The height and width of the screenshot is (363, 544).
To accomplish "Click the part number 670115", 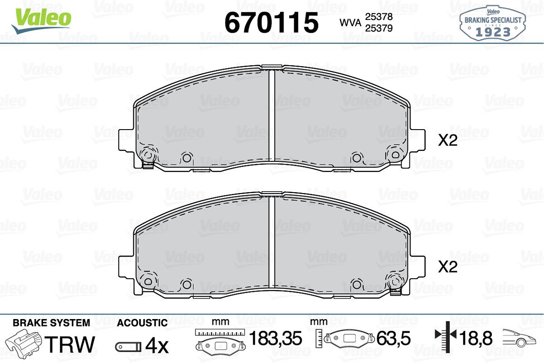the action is (271, 22).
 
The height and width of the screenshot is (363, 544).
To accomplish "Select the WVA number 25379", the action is (379, 28).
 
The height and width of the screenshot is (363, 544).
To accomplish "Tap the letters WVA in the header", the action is (350, 23).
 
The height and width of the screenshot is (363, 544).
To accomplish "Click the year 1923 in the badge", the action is (493, 32).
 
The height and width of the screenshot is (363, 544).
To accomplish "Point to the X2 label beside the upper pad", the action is (447, 140).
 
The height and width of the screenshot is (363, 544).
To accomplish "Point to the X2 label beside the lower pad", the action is (447, 266).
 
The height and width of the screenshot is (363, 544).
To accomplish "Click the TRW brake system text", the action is (70, 344).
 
